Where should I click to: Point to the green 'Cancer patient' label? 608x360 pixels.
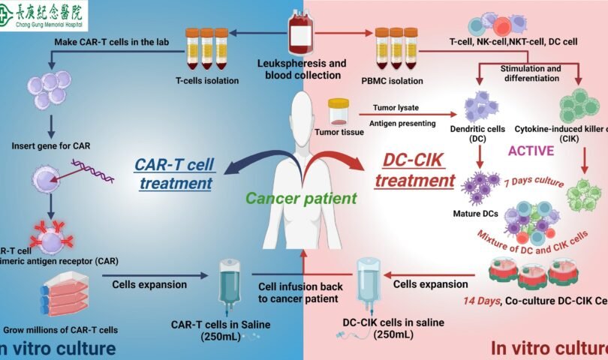point(301,199)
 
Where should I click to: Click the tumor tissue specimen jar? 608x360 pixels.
point(340,111)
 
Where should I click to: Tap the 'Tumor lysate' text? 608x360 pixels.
point(394,107)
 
